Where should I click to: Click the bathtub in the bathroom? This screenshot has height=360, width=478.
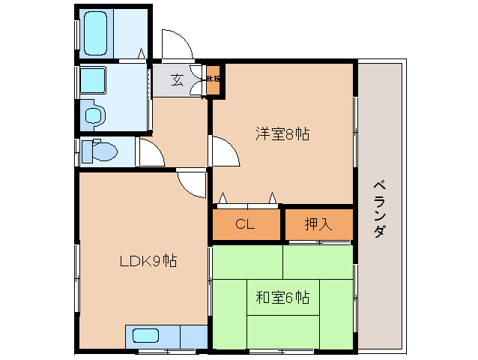(99, 33)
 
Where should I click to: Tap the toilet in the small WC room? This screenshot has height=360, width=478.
(99, 151)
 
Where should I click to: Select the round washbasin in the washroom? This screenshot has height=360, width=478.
(94, 115)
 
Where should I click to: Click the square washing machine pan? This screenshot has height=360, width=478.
(94, 80)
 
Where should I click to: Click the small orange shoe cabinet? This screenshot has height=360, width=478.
(214, 79)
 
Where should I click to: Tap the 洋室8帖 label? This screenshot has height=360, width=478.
(282, 135)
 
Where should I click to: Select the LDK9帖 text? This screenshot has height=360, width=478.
(148, 262)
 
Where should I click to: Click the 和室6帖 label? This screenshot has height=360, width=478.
(282, 298)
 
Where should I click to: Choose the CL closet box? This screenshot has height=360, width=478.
(245, 223)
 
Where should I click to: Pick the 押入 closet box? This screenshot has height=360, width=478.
(318, 223)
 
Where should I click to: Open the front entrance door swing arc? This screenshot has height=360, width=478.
(178, 45)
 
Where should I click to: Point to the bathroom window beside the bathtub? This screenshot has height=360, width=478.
(76, 33)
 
